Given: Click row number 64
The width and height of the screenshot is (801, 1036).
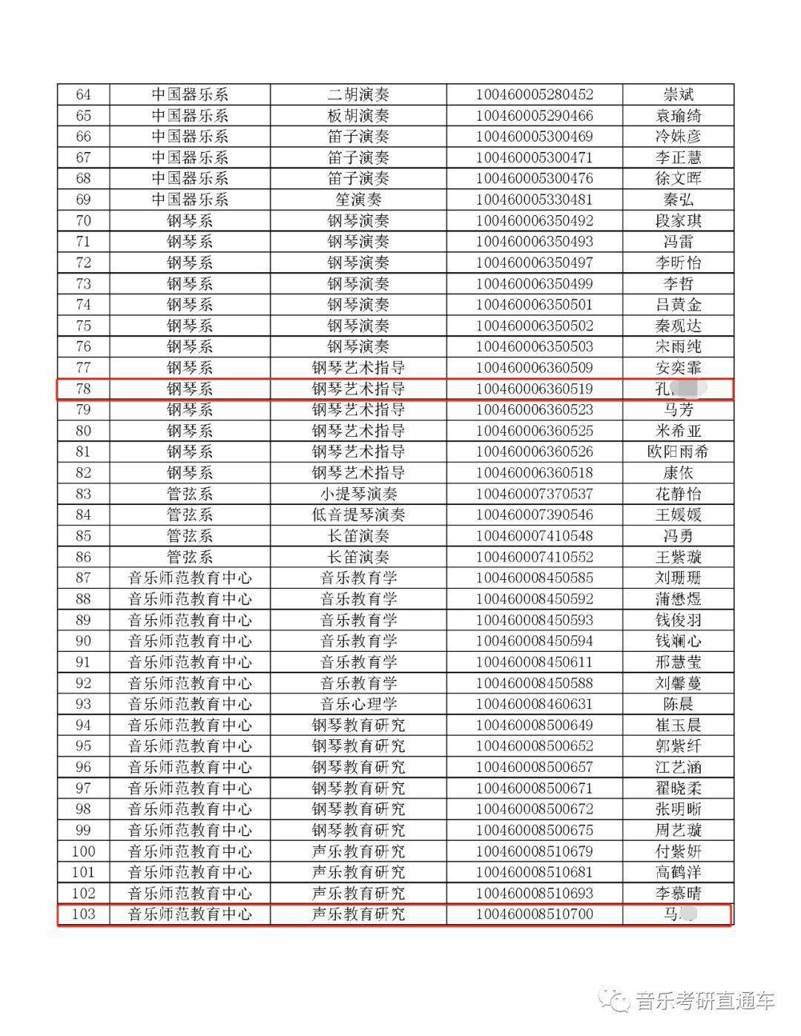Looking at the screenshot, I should [x=84, y=95].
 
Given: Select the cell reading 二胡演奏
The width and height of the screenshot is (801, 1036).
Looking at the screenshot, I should [x=358, y=95].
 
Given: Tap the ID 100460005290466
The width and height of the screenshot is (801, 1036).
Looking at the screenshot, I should [x=534, y=116].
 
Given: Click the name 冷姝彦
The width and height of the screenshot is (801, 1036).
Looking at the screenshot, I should [x=678, y=136].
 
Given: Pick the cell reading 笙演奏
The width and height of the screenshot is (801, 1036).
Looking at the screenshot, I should [x=358, y=199].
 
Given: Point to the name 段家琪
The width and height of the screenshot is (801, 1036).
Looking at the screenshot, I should [x=678, y=221].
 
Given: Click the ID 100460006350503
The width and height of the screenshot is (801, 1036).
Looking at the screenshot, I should [x=534, y=346].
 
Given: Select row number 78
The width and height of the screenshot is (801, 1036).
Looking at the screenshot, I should [x=84, y=389].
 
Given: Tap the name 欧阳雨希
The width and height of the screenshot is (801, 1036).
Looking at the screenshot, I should [x=678, y=452].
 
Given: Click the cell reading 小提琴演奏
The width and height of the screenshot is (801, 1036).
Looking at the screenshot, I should [x=358, y=494].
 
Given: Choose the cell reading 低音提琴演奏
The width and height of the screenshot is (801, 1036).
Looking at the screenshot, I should [x=358, y=515].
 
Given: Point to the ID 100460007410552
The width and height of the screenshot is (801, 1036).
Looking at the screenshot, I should [x=534, y=557].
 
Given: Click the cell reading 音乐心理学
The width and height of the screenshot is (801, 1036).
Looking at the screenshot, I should [x=358, y=704].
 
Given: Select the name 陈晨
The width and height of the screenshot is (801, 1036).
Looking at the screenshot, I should [x=678, y=704].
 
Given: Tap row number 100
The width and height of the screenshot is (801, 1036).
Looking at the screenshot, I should [x=84, y=851].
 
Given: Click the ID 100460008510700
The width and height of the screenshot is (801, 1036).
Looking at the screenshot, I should [x=534, y=914].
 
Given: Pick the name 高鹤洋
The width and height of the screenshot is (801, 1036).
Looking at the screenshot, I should [x=678, y=872].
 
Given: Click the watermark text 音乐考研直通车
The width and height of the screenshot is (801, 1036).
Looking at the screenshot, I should [x=705, y=1000].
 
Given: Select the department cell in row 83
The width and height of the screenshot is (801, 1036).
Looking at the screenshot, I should [x=190, y=494].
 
